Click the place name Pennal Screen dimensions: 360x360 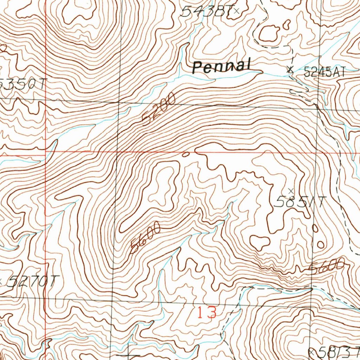click(222, 66)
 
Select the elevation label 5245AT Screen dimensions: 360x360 click(324, 72)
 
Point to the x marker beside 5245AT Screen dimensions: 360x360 click(290, 70)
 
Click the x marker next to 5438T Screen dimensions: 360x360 click(236, 11)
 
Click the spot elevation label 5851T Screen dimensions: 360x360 click(300, 202)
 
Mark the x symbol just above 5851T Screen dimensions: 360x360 click(290, 191)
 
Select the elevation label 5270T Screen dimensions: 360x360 click(32, 281)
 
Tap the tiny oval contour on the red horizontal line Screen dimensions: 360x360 click(186, 154)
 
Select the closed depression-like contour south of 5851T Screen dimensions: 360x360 click(260, 242)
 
